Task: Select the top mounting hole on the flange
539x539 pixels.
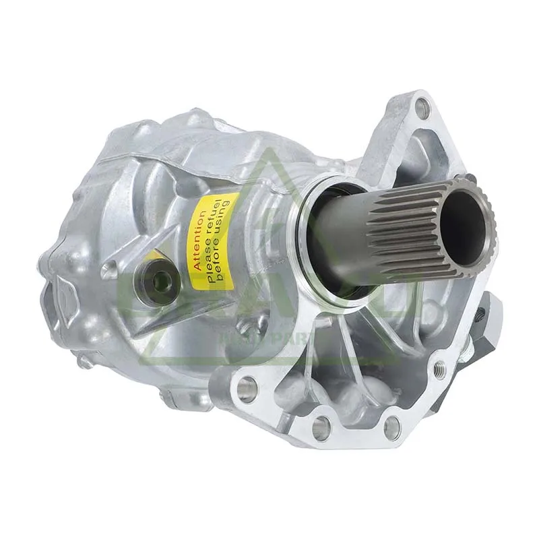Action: point(422,106)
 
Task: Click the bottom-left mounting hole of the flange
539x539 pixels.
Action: point(246,388)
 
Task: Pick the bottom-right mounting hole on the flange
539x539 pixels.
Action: point(392,427)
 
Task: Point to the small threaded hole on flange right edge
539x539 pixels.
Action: point(440,368)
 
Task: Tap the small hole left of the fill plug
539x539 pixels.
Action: point(109,272)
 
